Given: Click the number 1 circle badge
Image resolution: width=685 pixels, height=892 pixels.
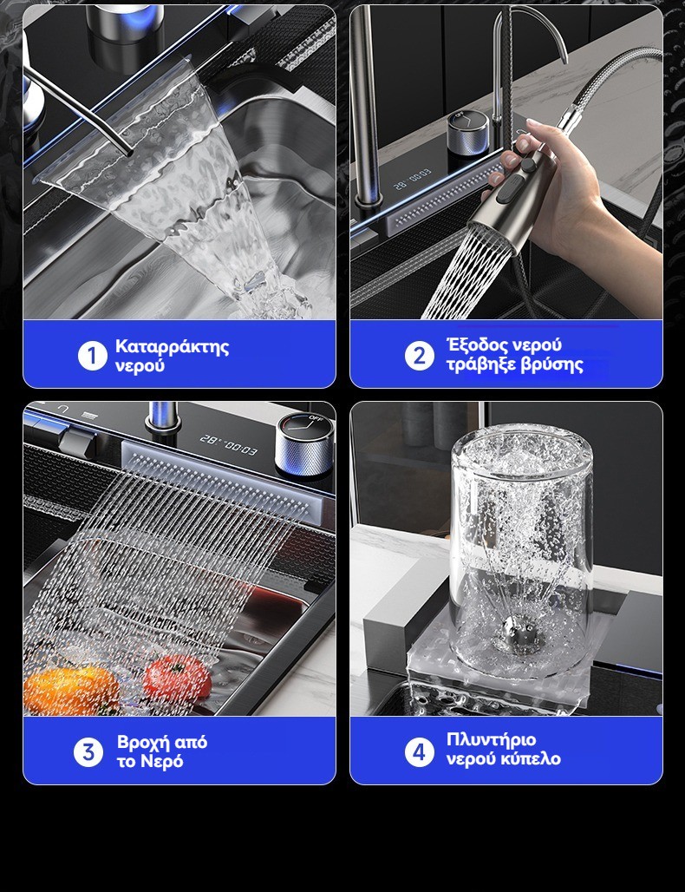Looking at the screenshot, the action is [93, 356].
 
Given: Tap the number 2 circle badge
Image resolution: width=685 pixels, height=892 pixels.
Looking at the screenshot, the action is [420, 356].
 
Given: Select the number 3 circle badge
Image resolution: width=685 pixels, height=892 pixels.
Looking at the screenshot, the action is [88, 752].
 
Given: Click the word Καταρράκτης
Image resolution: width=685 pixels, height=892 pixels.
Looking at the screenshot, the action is [173, 346].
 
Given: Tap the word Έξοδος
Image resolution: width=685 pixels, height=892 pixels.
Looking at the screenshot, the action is [476, 344].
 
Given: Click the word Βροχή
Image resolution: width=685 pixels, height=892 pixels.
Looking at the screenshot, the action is [143, 743].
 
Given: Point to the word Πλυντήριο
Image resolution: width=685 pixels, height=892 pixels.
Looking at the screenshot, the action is [491, 739].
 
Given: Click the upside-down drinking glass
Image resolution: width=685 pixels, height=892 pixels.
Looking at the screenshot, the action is [520, 549].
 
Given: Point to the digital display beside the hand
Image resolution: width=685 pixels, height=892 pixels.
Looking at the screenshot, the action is [413, 178].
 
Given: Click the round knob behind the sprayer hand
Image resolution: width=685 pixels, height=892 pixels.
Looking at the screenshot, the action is [467, 132].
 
